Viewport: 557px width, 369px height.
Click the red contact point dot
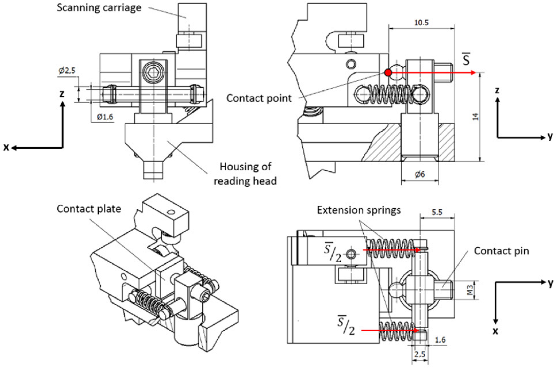click(x=388, y=72)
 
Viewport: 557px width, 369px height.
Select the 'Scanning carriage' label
click(x=99, y=8)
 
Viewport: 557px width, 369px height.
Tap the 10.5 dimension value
click(x=421, y=23)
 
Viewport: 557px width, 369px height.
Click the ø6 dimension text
click(x=420, y=174)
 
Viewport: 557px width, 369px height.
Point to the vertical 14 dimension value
click(x=475, y=116)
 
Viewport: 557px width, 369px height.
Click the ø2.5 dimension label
click(x=67, y=70)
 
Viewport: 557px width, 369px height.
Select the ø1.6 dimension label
click(x=105, y=117)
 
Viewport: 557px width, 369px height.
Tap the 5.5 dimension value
click(x=437, y=212)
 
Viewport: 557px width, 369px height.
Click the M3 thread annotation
click(x=470, y=290)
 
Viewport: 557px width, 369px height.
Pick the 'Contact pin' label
click(x=501, y=251)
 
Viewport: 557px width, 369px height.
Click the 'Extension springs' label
click(x=359, y=210)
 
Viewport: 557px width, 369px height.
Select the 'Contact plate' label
click(x=89, y=209)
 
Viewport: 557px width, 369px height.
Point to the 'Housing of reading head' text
click(x=245, y=174)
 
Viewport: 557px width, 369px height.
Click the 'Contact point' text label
click(x=259, y=98)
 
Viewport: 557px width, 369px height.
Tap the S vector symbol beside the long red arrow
click(x=466, y=60)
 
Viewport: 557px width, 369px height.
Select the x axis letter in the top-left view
click(x=6, y=147)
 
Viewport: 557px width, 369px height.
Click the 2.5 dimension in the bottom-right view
click(x=420, y=354)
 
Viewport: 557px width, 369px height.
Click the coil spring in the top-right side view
click(x=391, y=94)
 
